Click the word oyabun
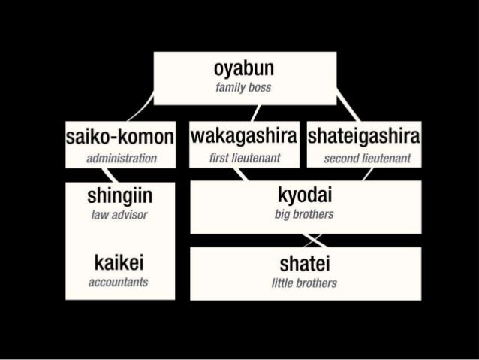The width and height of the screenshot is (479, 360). [243, 70]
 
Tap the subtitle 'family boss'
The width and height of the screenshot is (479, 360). [243, 89]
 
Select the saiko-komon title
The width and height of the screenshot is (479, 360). [121, 138]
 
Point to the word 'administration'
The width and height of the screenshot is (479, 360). [121, 159]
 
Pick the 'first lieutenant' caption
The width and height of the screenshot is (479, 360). [244, 159]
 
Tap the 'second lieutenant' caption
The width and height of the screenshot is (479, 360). [366, 159]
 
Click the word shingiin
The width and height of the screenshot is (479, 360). [120, 197]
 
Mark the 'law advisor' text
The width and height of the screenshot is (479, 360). [119, 216]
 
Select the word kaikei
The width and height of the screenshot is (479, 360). [119, 263]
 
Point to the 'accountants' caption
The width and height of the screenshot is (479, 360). [119, 283]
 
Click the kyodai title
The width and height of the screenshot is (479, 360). [305, 196]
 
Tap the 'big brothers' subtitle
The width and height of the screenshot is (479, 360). [304, 215]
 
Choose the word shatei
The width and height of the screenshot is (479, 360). [304, 264]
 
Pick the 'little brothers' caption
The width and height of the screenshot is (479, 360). [304, 283]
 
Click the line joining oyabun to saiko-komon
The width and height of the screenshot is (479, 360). [140, 111]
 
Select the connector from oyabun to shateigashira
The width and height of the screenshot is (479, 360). [346, 111]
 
